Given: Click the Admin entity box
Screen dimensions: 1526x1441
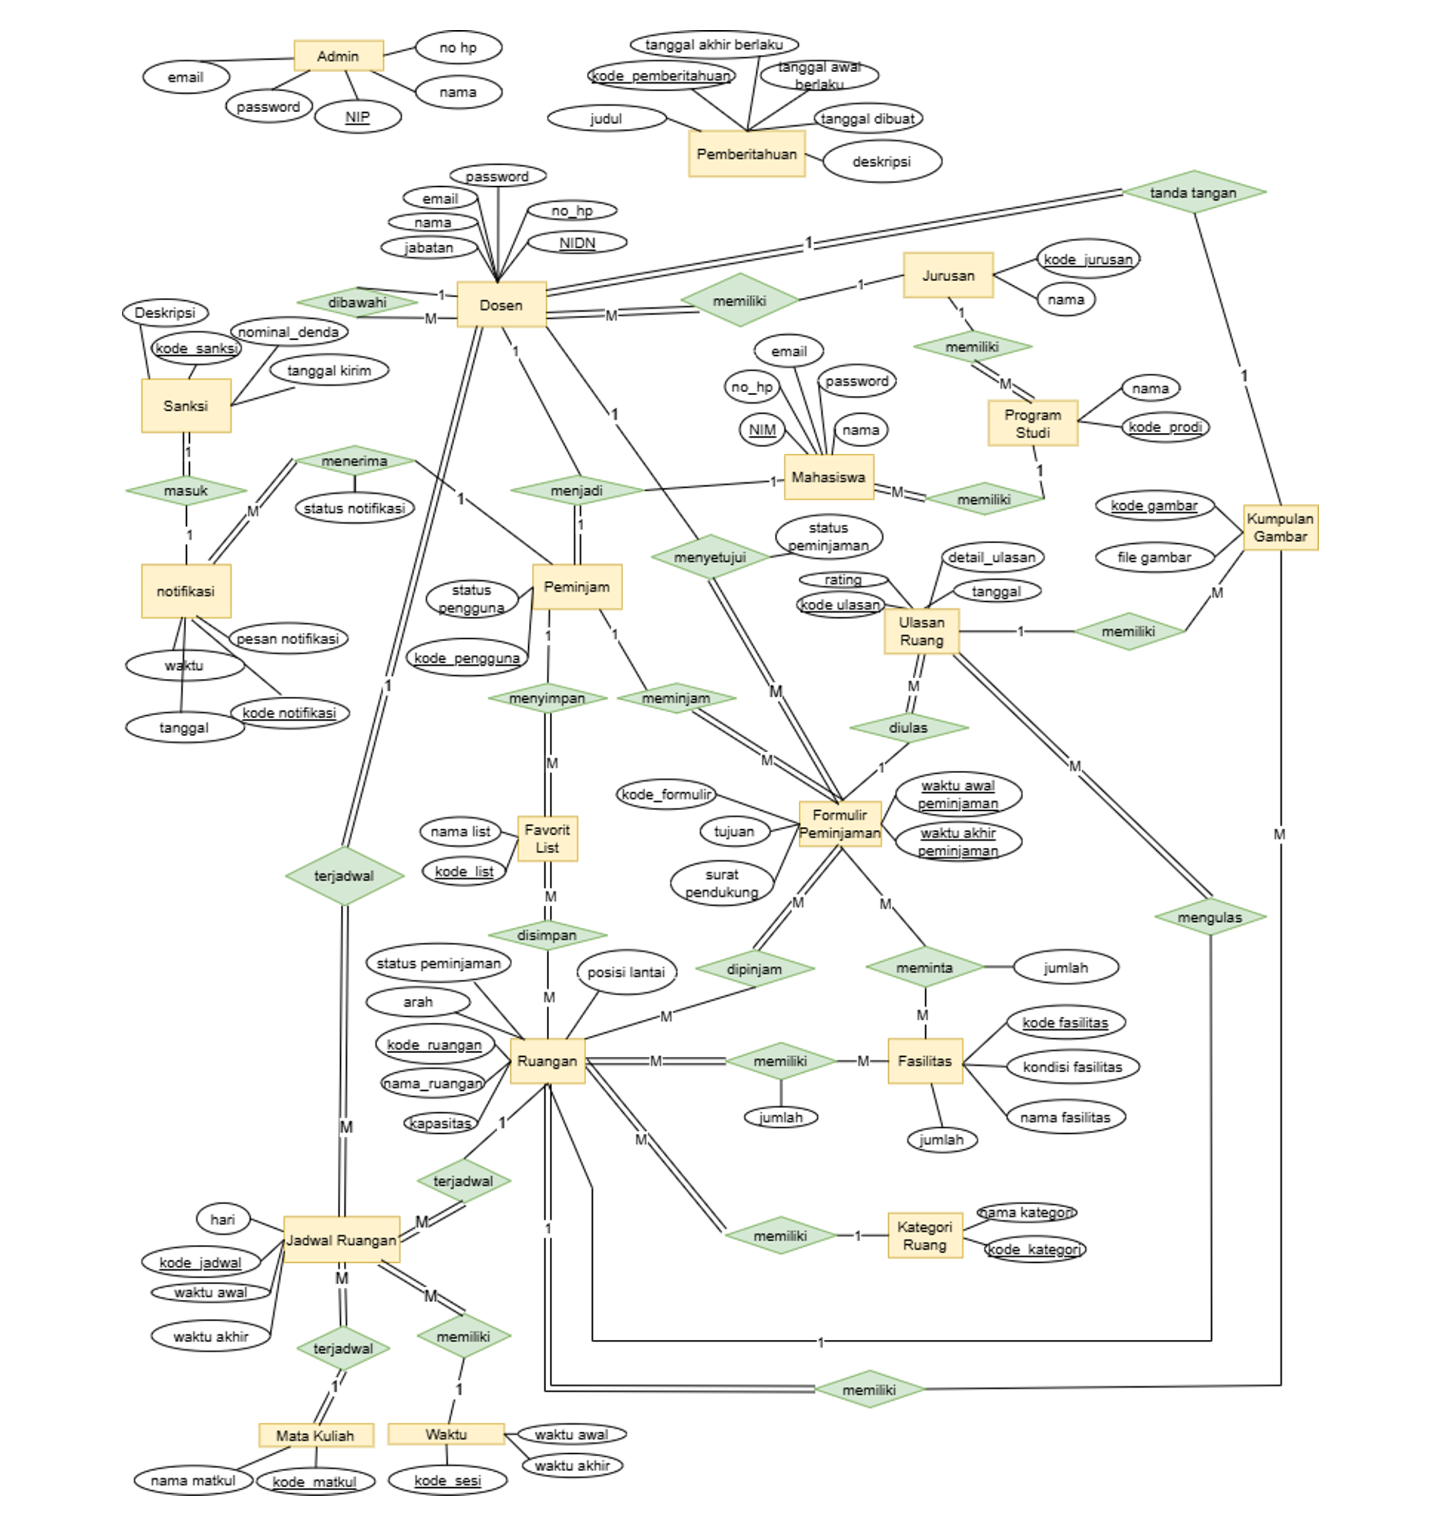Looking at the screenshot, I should click(338, 56).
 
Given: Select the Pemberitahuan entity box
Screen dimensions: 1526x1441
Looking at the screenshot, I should click(746, 154).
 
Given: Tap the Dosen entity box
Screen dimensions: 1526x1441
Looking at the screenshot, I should click(501, 305).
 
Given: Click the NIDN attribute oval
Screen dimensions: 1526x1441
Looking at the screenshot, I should click(577, 243).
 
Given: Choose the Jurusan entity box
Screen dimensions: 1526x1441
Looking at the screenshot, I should click(948, 275).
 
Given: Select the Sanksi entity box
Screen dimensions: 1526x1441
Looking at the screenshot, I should click(186, 405).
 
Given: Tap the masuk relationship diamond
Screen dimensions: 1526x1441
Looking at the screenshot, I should click(186, 490).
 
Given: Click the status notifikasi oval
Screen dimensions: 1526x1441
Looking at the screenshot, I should click(354, 508).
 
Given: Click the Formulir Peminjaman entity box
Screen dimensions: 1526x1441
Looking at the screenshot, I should click(839, 824).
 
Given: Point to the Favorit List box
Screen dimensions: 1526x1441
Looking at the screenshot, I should click(547, 839).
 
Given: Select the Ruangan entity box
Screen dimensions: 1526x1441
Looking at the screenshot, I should click(547, 1060).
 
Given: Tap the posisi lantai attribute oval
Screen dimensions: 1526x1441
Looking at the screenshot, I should click(626, 972).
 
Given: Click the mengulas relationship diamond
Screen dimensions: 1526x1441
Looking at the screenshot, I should click(1209, 917).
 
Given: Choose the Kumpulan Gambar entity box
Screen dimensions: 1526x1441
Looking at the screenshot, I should click(1280, 527).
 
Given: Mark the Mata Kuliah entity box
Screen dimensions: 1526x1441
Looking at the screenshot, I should click(315, 1435).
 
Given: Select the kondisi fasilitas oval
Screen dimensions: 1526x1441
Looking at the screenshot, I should click(1072, 1067).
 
